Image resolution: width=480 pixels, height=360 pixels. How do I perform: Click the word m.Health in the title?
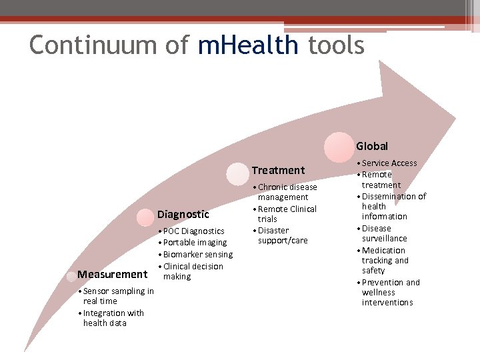(248, 45)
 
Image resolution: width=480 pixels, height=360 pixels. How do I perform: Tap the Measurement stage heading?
(112, 274)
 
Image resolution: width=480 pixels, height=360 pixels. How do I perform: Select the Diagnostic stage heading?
(183, 214)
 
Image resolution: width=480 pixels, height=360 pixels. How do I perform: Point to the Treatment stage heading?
(278, 170)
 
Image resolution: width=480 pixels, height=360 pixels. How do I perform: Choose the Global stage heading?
(371, 146)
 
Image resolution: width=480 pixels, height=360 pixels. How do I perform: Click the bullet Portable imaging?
(195, 243)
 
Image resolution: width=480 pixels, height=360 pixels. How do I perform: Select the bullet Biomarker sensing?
(197, 255)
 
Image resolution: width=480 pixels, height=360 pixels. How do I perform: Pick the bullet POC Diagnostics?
(193, 231)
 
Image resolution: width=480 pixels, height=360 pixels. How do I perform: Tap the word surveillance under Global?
(384, 239)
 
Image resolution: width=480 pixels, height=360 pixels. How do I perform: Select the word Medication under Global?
(383, 251)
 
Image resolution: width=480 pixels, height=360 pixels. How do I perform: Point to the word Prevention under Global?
(383, 283)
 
